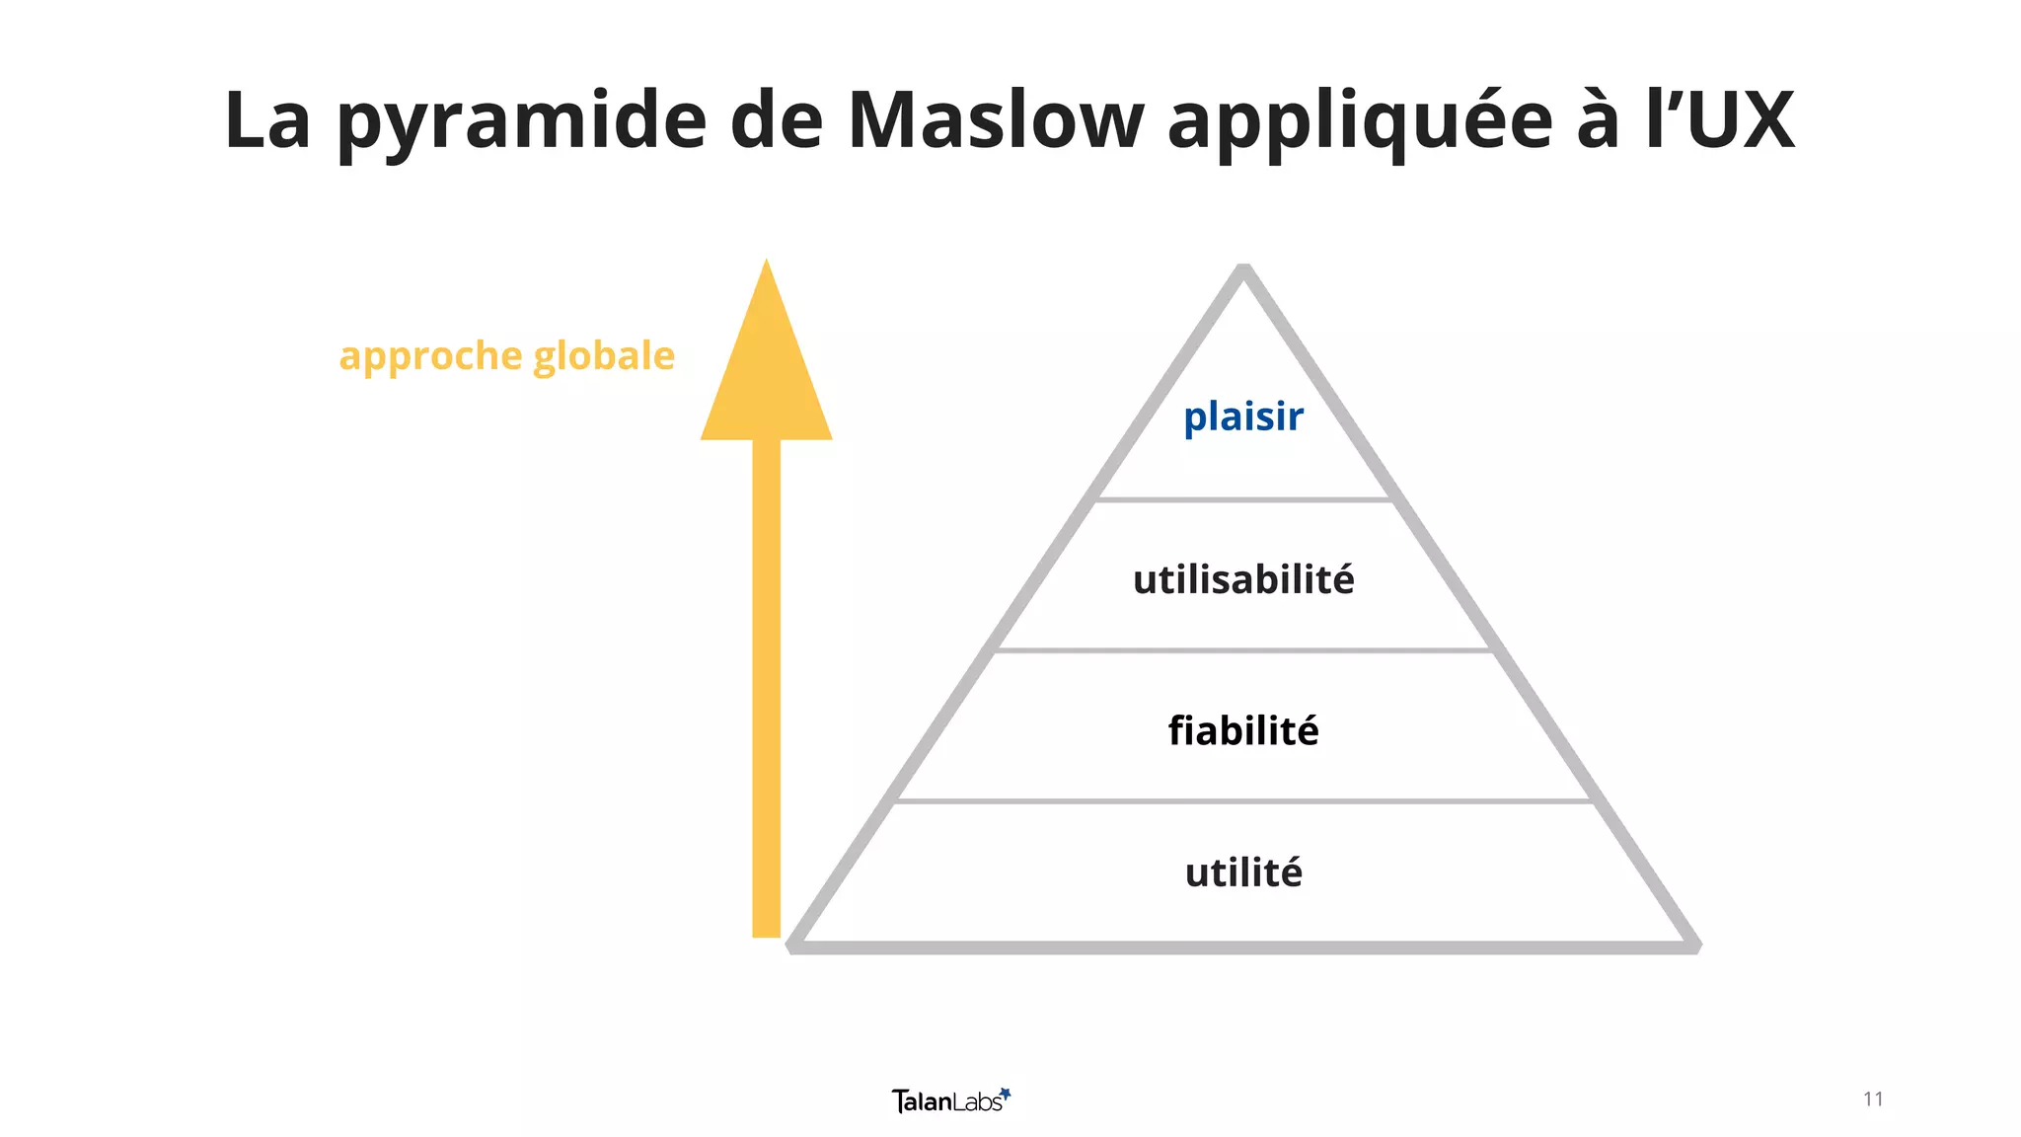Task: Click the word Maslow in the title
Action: coord(995,120)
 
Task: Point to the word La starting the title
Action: coord(267,120)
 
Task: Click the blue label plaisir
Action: coord(1243,417)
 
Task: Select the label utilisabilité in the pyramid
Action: coord(1243,579)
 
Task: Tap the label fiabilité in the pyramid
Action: coord(1243,731)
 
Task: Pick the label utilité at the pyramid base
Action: coord(1243,872)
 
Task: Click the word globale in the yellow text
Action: coord(604,355)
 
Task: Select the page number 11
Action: coord(1873,1099)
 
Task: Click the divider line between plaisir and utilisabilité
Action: coord(1243,500)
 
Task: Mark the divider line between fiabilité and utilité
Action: coord(1243,801)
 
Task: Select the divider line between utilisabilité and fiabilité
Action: coord(1243,650)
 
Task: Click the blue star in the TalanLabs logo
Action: coord(1006,1093)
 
